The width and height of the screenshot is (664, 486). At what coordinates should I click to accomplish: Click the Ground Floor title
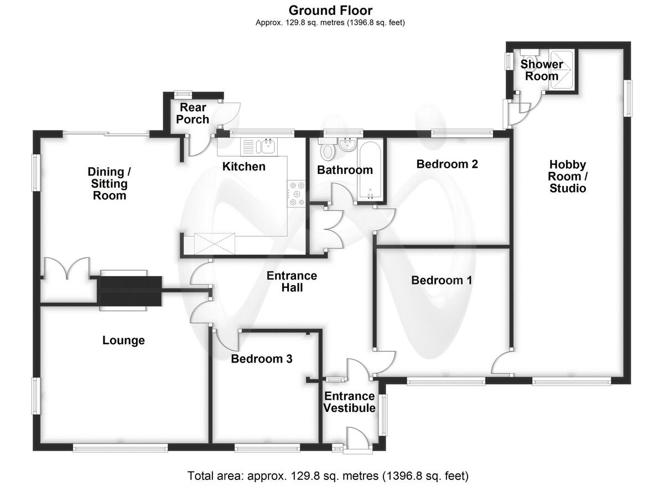[330, 11]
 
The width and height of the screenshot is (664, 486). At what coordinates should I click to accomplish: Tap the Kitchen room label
[243, 167]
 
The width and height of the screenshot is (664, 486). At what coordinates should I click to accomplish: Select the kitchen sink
[259, 147]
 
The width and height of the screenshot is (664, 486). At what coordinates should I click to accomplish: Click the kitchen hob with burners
[297, 194]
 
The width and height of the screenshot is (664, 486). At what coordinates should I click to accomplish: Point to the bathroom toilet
[327, 149]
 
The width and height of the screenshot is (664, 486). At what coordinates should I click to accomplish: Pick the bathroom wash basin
[347, 144]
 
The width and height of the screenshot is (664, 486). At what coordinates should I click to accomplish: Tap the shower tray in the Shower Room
[562, 70]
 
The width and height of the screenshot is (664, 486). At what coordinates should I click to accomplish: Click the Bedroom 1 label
[442, 281]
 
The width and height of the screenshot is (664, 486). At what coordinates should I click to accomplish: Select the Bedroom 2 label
[447, 164]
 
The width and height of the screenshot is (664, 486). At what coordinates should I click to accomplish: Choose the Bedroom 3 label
[261, 359]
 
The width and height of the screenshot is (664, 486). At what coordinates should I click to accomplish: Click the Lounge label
[123, 340]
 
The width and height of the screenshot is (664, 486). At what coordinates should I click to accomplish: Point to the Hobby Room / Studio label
[567, 177]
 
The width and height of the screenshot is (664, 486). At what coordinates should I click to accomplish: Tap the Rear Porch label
[193, 113]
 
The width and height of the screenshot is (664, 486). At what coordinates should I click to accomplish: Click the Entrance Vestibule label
[349, 402]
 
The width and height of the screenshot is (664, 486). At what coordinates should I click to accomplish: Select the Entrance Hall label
[292, 282]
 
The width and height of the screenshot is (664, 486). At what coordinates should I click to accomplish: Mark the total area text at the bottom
[328, 476]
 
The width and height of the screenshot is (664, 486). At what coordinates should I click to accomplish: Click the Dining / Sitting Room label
[109, 184]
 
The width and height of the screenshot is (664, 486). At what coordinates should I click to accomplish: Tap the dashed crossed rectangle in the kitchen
[214, 244]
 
